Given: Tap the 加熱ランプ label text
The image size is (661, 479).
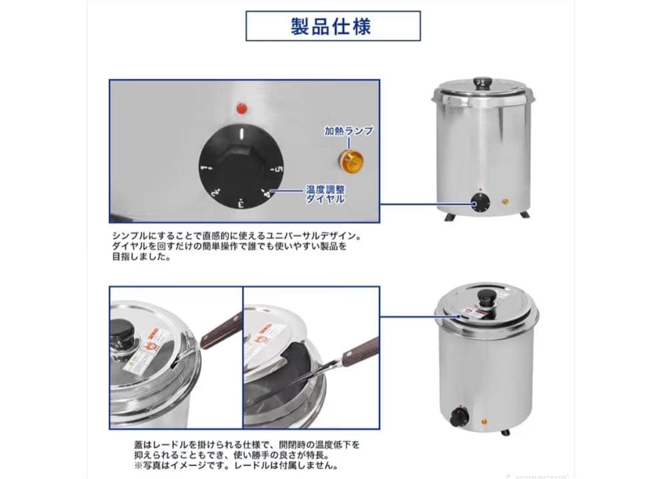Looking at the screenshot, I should [348, 131].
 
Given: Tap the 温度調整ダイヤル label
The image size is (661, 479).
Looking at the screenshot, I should [325, 195].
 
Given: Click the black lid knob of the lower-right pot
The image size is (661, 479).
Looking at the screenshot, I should [488, 299].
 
